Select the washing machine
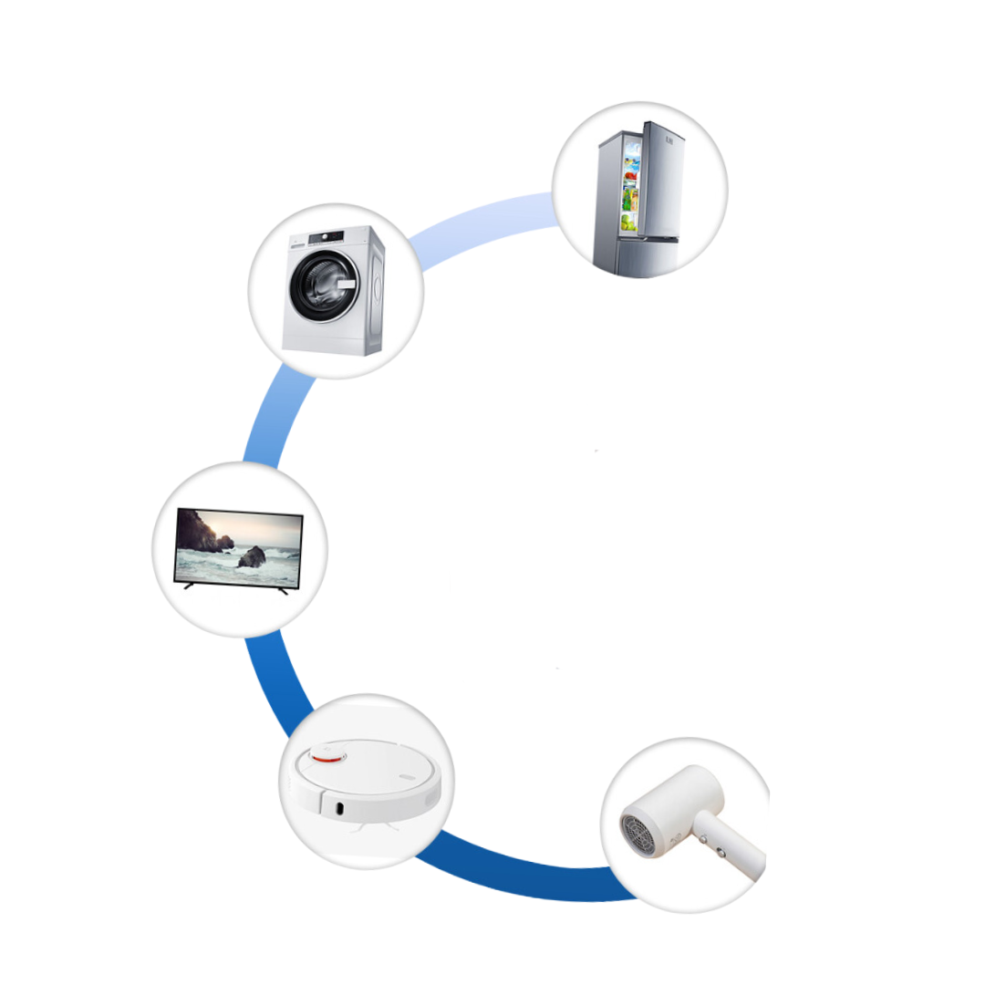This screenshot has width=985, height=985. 334,290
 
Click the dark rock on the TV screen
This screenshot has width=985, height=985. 252,556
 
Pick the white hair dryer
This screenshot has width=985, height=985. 688,815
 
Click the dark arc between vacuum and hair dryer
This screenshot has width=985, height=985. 520,876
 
